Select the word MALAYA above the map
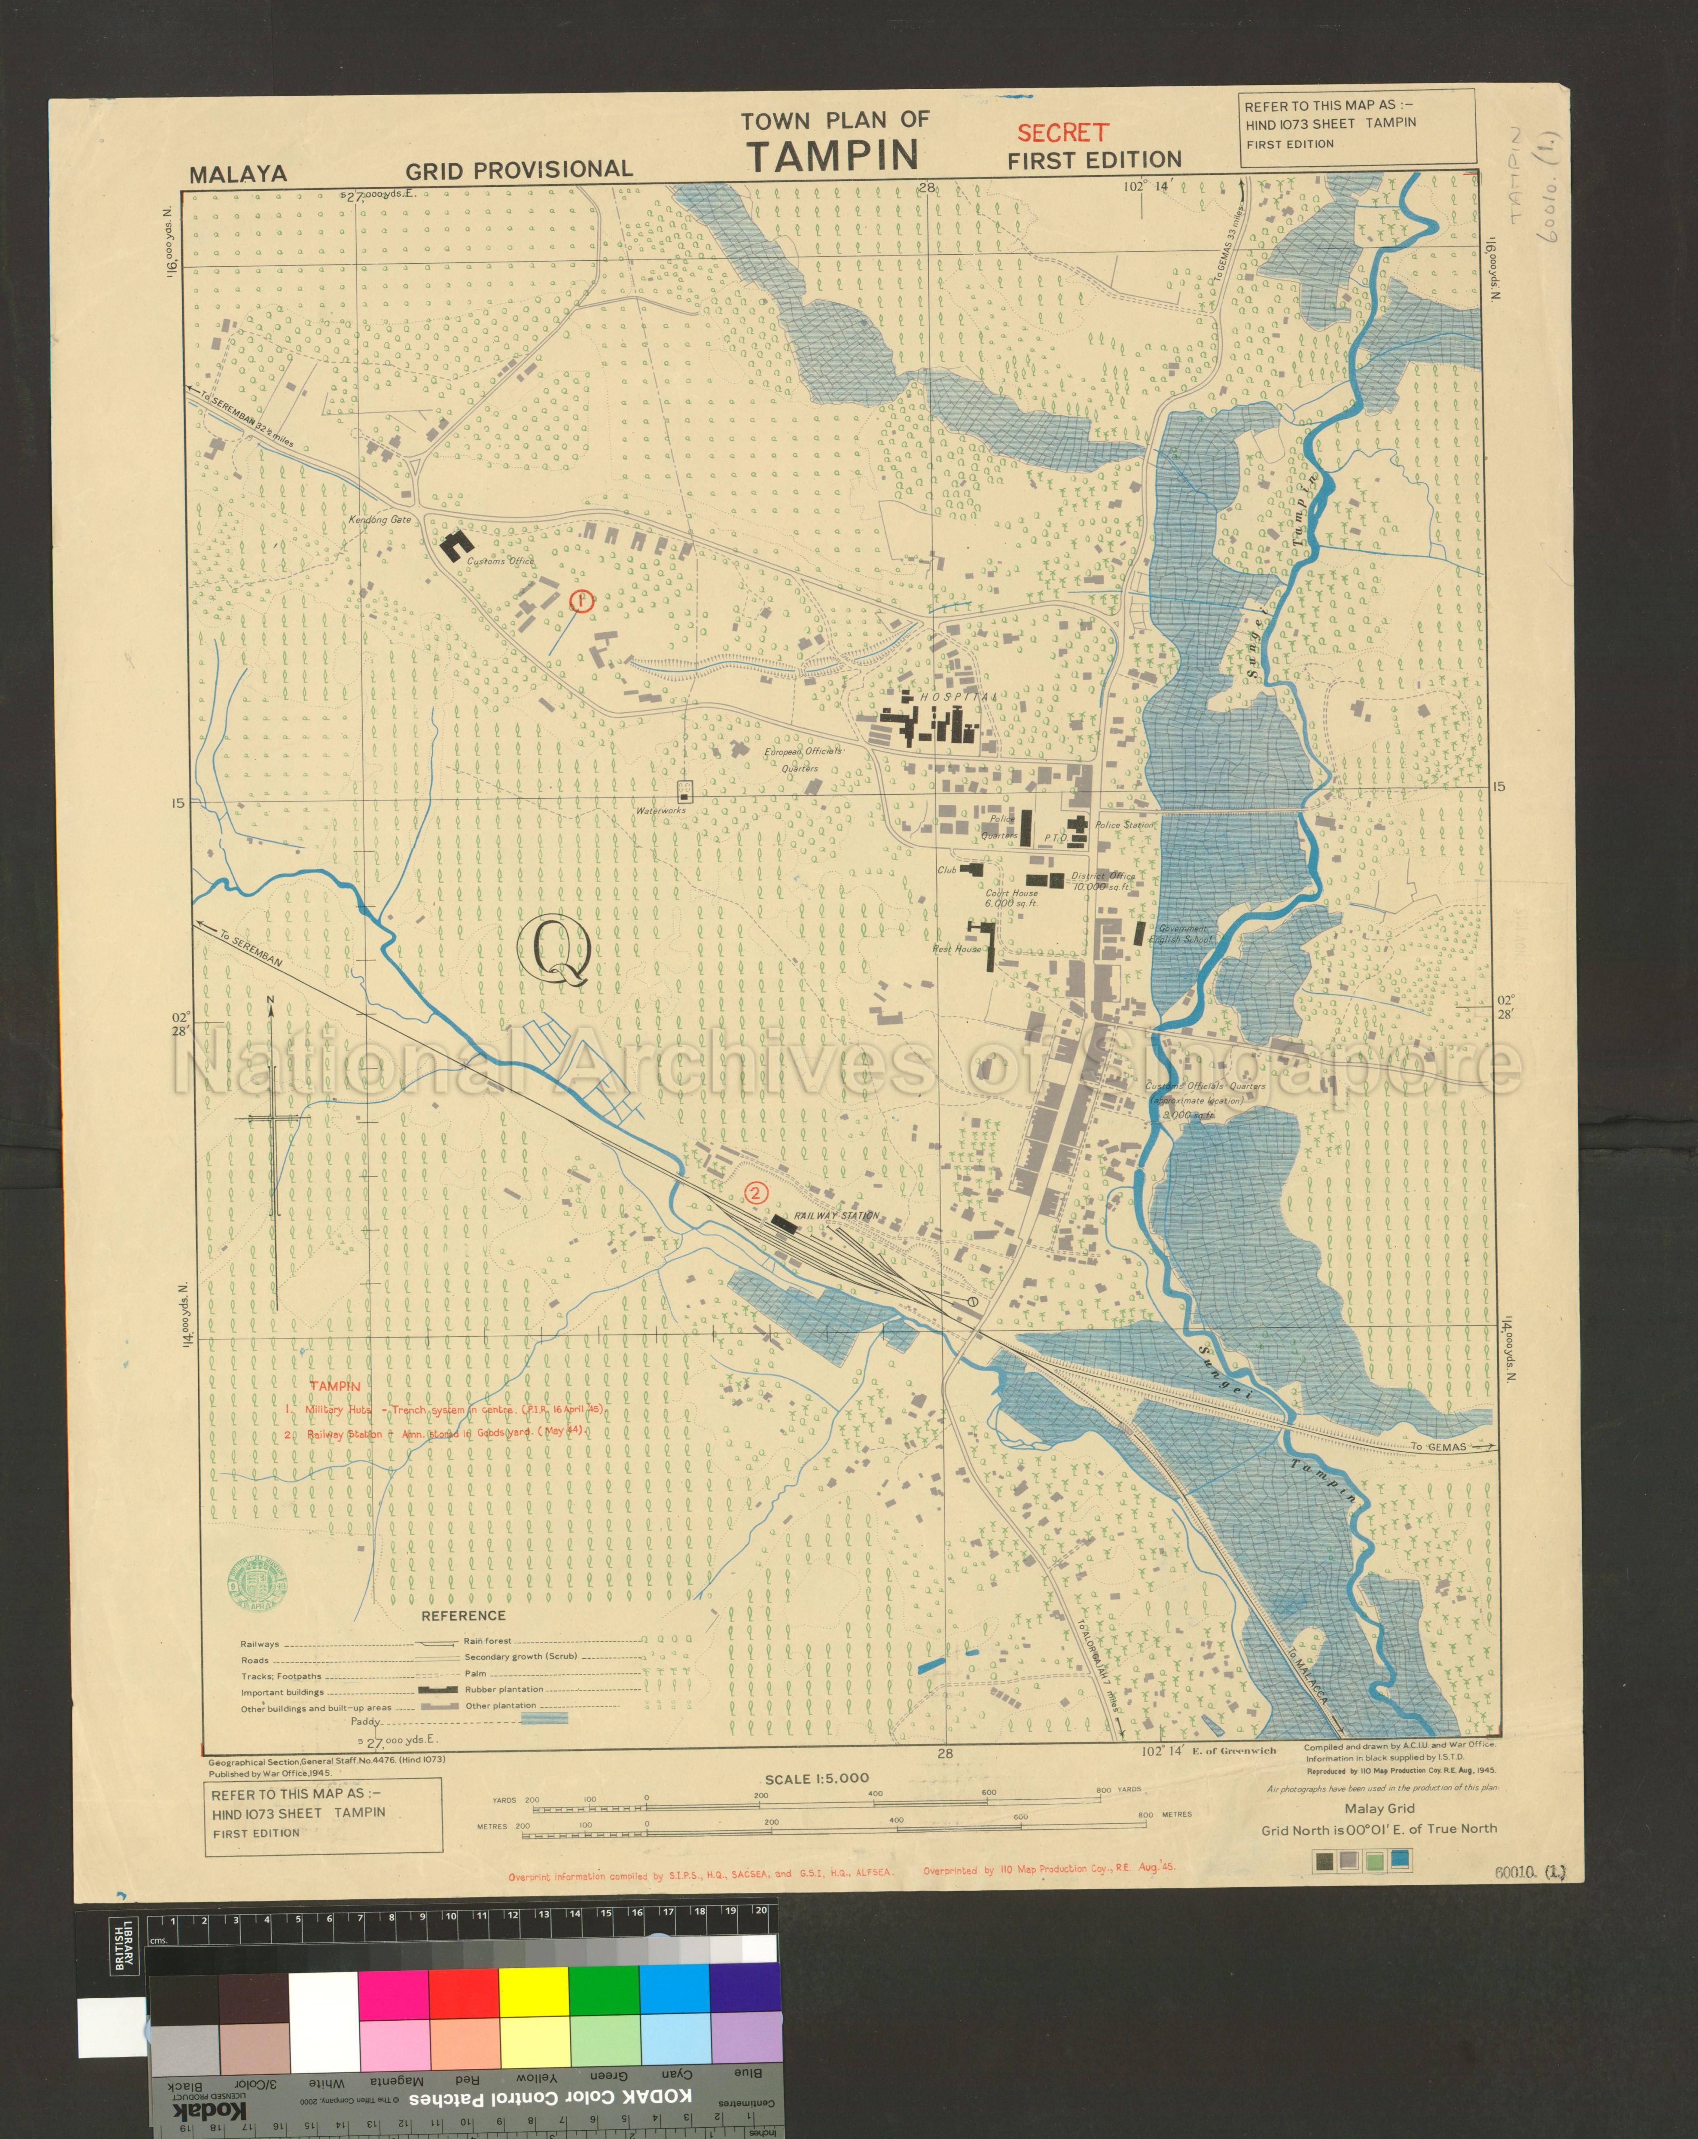[x=238, y=174]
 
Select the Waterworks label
[x=661, y=810]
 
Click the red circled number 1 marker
[x=581, y=600]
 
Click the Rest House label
[x=956, y=950]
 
